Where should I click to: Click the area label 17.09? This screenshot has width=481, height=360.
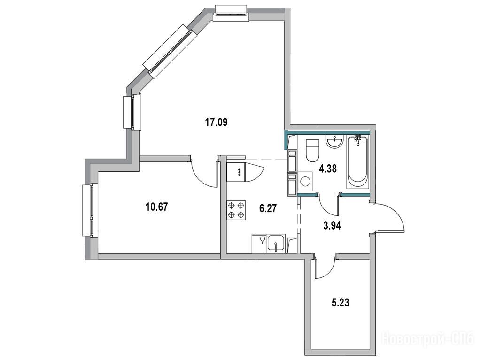(216, 123)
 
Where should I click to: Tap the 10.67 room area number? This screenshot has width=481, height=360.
(157, 207)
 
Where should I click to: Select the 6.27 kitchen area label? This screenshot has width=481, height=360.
(268, 209)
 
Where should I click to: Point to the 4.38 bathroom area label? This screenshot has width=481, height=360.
(327, 169)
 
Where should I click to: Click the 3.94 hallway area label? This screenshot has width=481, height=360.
(332, 226)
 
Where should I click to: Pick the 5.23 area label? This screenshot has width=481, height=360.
(340, 303)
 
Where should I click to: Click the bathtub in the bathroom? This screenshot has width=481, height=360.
(357, 162)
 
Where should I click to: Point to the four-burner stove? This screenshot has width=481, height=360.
(236, 210)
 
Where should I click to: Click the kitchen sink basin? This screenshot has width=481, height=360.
(276, 244)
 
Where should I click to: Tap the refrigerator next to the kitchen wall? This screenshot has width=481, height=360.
(236, 172)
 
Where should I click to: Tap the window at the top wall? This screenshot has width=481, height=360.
(231, 13)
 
